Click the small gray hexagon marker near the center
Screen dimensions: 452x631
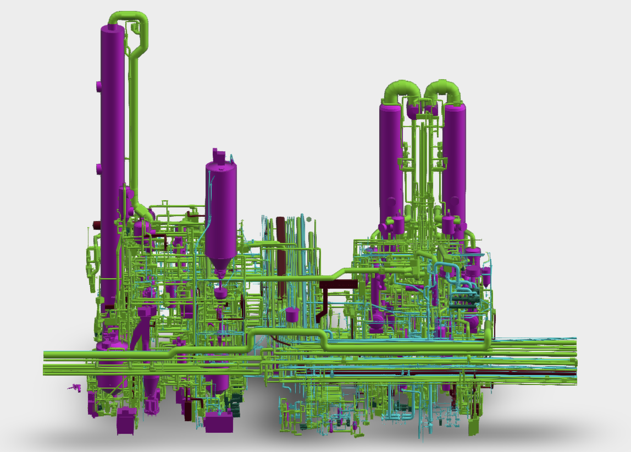(x=309, y=219)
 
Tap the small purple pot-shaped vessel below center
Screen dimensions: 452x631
(x=292, y=315)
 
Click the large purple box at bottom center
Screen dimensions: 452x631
(x=219, y=422)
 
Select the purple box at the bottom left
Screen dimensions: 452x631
(x=126, y=421)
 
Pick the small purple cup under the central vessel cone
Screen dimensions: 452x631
(x=220, y=293)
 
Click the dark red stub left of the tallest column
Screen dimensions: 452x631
(x=97, y=224)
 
